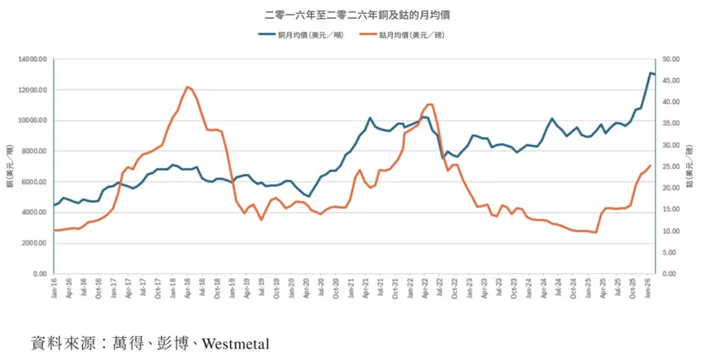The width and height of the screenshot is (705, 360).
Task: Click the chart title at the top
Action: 352,14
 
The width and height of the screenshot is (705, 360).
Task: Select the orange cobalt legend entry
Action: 406,35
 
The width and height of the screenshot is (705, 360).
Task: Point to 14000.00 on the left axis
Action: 33,59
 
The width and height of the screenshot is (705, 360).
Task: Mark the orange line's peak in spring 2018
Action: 187,86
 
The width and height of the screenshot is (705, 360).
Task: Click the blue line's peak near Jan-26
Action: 651,73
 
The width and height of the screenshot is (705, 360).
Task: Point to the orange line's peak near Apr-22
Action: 430,104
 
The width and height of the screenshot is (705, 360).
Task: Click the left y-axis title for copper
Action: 9,167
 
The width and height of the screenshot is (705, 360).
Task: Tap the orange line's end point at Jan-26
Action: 651,165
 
